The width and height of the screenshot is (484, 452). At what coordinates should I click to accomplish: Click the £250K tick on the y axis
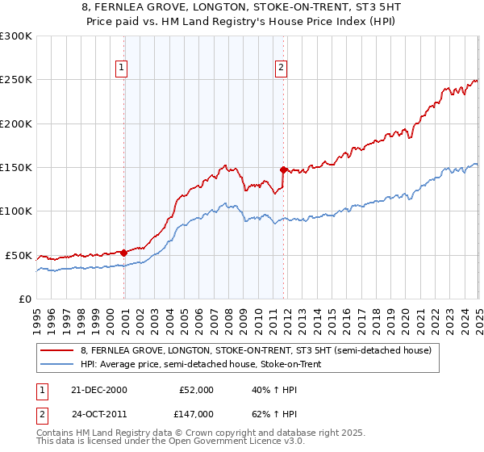pos(16,80)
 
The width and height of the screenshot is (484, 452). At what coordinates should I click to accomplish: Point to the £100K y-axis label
pos(16,211)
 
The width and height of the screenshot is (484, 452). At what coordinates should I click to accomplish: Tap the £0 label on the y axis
pos(26,299)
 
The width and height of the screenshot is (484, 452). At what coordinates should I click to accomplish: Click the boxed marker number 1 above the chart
pos(121,69)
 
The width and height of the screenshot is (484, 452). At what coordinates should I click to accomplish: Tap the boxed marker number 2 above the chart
pos(281,69)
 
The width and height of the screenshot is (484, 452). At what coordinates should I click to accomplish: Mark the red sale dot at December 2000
pos(123,253)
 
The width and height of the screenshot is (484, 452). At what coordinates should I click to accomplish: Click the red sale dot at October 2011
pos(283,169)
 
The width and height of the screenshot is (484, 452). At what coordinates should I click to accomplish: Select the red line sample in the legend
pos(57,350)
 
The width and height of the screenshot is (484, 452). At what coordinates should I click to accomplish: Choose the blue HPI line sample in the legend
pos(57,363)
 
